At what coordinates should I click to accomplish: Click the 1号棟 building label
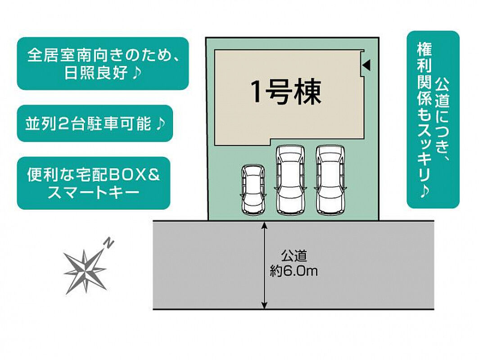tap(286, 92)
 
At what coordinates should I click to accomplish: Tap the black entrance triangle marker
tap(367, 64)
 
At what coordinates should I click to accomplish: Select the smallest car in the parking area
tap(253, 189)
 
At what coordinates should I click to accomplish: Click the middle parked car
tap(290, 180)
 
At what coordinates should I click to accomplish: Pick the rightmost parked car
tap(330, 180)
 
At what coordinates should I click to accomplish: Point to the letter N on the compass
tap(109, 242)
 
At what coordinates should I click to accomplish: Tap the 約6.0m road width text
tap(294, 271)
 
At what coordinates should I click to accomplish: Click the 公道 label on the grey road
tap(294, 256)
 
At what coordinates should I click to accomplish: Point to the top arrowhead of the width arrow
tap(265, 225)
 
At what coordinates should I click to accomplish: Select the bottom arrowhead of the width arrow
tap(265, 305)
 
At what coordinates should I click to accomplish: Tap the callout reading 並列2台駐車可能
tap(95, 123)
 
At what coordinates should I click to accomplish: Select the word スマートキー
tap(93, 193)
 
